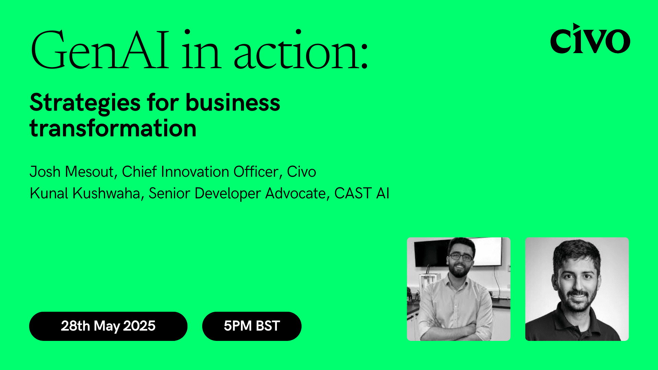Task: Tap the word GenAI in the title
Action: [100, 50]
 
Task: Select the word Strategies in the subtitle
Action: [85, 103]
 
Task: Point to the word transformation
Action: [113, 128]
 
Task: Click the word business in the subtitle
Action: [233, 103]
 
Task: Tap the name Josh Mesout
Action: [72, 172]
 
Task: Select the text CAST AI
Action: [362, 193]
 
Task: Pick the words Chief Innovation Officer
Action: [200, 172]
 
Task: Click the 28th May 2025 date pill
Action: [108, 326]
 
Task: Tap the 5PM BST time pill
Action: [252, 326]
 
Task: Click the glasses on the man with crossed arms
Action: [461, 257]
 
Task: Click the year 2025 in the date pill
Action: [139, 326]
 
